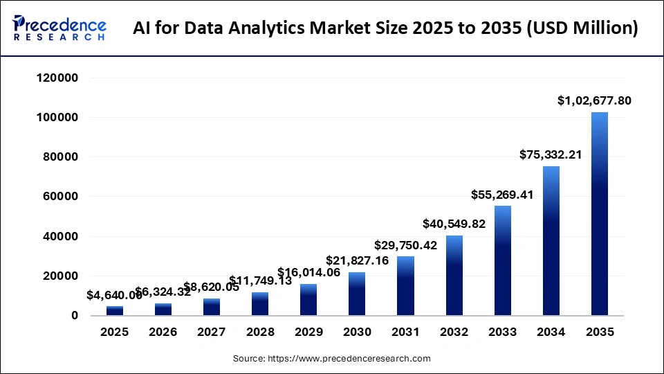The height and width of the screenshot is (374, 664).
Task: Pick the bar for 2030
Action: [x=357, y=294]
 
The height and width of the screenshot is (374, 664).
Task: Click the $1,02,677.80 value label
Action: [x=594, y=100]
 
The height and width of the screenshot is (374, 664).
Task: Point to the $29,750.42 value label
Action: [x=406, y=245]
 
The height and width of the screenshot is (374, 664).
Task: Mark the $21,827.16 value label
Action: [x=358, y=260]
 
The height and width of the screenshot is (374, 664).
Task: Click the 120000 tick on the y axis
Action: [x=58, y=78]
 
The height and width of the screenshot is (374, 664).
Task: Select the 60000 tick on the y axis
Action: [x=62, y=197]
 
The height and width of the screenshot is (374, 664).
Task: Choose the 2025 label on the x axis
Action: [x=114, y=332]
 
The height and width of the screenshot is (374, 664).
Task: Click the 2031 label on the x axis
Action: [x=406, y=332]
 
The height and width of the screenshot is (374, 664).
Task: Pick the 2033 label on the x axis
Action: [x=503, y=332]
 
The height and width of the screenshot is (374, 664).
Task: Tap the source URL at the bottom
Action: [x=331, y=359]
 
